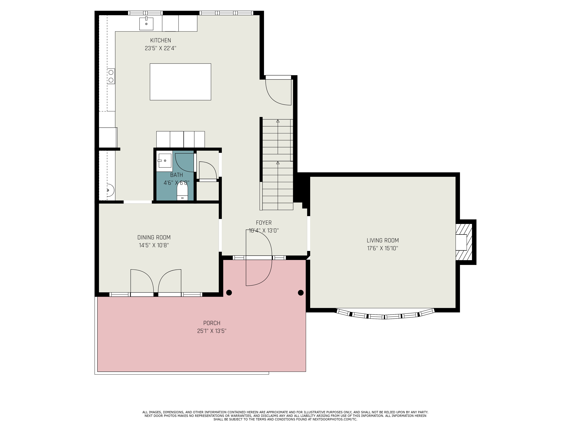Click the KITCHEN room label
(161, 40)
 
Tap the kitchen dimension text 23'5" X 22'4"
(161, 48)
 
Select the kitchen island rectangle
(180, 82)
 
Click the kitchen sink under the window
(146, 24)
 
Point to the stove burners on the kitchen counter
(111, 76)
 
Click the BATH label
(177, 175)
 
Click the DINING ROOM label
(154, 237)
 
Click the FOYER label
(264, 223)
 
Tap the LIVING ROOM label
(383, 241)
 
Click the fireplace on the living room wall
(464, 242)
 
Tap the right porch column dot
(301, 293)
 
